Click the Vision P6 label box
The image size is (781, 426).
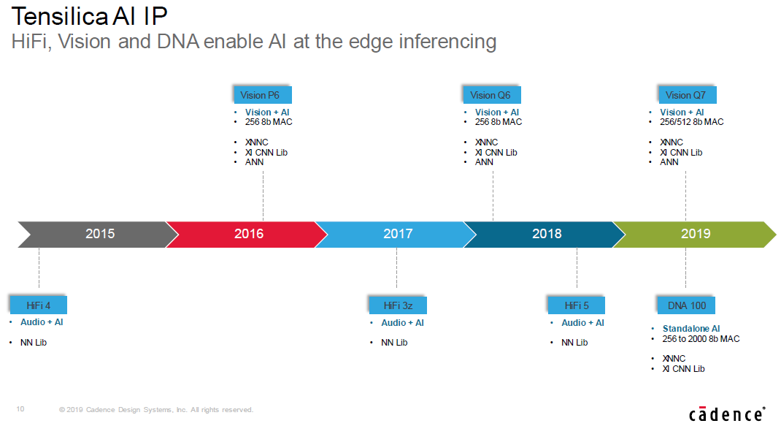pos(263,95)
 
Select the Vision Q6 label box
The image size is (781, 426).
pos(492,95)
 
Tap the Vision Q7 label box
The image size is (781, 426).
pos(687,95)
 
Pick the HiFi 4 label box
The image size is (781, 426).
pos(39,305)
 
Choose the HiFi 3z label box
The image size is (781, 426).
pos(398,305)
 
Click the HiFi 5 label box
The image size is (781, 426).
pos(577,305)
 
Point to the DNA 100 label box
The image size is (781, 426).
pos(686,305)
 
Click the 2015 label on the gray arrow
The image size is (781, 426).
pos(100,234)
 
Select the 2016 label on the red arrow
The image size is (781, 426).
pos(249,234)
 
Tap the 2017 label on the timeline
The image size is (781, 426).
pos(398,234)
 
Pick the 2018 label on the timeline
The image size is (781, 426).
pos(547,234)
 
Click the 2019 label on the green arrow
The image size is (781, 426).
pos(696,234)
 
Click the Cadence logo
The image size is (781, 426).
pos(727,414)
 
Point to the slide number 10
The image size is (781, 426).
pos(20,409)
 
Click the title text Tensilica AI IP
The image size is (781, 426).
pos(90,17)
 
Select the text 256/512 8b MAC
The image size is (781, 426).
pos(692,122)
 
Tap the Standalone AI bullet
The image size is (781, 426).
pos(690,329)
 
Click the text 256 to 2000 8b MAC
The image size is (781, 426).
pos(701,339)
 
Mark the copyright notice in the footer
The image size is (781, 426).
pos(156,410)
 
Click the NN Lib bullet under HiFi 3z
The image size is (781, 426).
pos(394,343)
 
